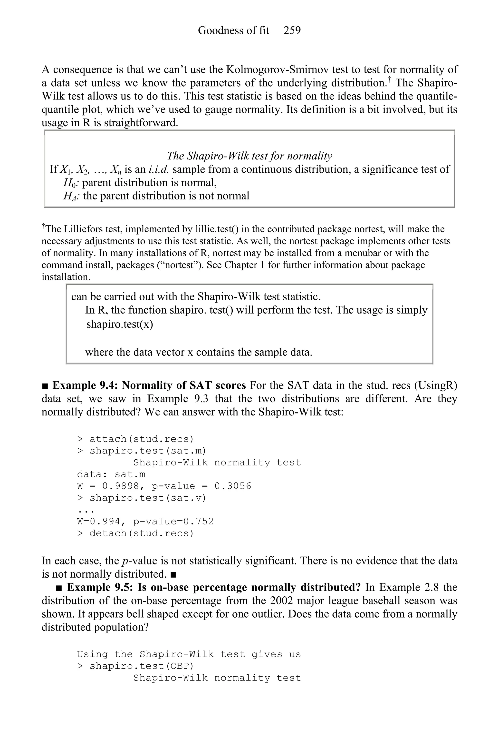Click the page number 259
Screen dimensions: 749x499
(292, 30)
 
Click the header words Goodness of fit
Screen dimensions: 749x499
(233, 30)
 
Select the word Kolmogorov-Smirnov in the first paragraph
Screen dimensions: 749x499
(276, 69)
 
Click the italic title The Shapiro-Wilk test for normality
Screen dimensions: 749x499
(249, 156)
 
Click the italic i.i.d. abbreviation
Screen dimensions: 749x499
(159, 169)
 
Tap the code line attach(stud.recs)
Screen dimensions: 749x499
(141, 439)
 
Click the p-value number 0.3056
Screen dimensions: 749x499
(233, 486)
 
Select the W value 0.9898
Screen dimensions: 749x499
(121, 486)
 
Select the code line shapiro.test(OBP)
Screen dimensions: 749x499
(141, 666)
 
